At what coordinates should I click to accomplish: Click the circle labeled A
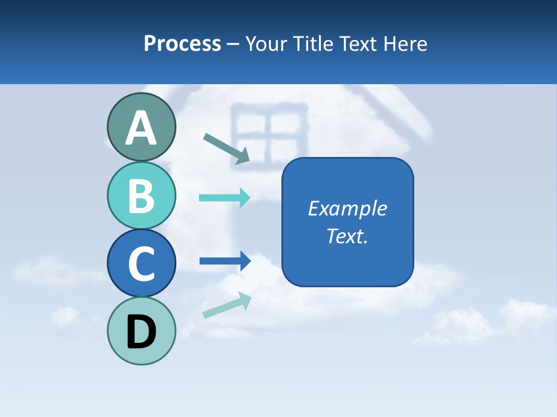141,127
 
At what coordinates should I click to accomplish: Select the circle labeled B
141,195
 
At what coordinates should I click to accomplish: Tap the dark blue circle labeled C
141,263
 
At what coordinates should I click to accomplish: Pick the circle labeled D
141,331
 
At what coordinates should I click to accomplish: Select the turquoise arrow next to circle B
224,197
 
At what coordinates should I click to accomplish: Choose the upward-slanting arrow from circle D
226,305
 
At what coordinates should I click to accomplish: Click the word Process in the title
182,43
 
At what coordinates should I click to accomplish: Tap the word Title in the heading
312,43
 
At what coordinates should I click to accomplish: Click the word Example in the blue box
347,209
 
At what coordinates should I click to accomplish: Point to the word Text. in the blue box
347,236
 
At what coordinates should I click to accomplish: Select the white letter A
141,128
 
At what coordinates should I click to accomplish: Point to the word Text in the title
357,43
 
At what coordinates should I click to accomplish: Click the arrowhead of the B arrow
244,197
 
